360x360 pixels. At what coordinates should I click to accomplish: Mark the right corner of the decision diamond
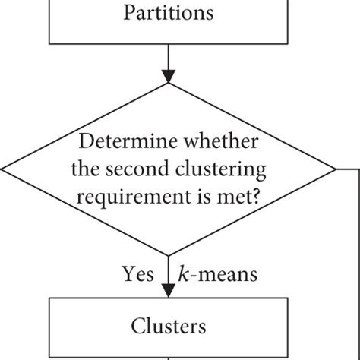pyautogui.click(x=335, y=169)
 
